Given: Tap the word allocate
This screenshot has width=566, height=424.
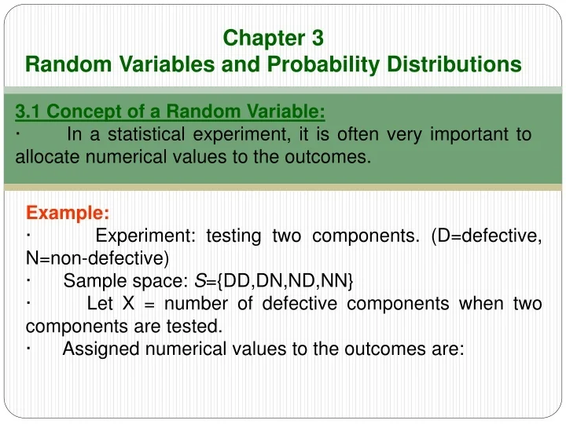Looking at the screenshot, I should point(48,156).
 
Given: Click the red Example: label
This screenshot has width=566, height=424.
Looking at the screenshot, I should point(68,213).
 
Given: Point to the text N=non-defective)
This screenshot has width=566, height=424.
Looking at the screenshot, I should point(95,258).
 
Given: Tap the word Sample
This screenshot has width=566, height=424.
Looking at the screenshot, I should point(90,281).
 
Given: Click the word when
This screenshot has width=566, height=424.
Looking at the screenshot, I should point(481,304).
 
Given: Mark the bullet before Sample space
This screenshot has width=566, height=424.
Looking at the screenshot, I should point(28,280).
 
